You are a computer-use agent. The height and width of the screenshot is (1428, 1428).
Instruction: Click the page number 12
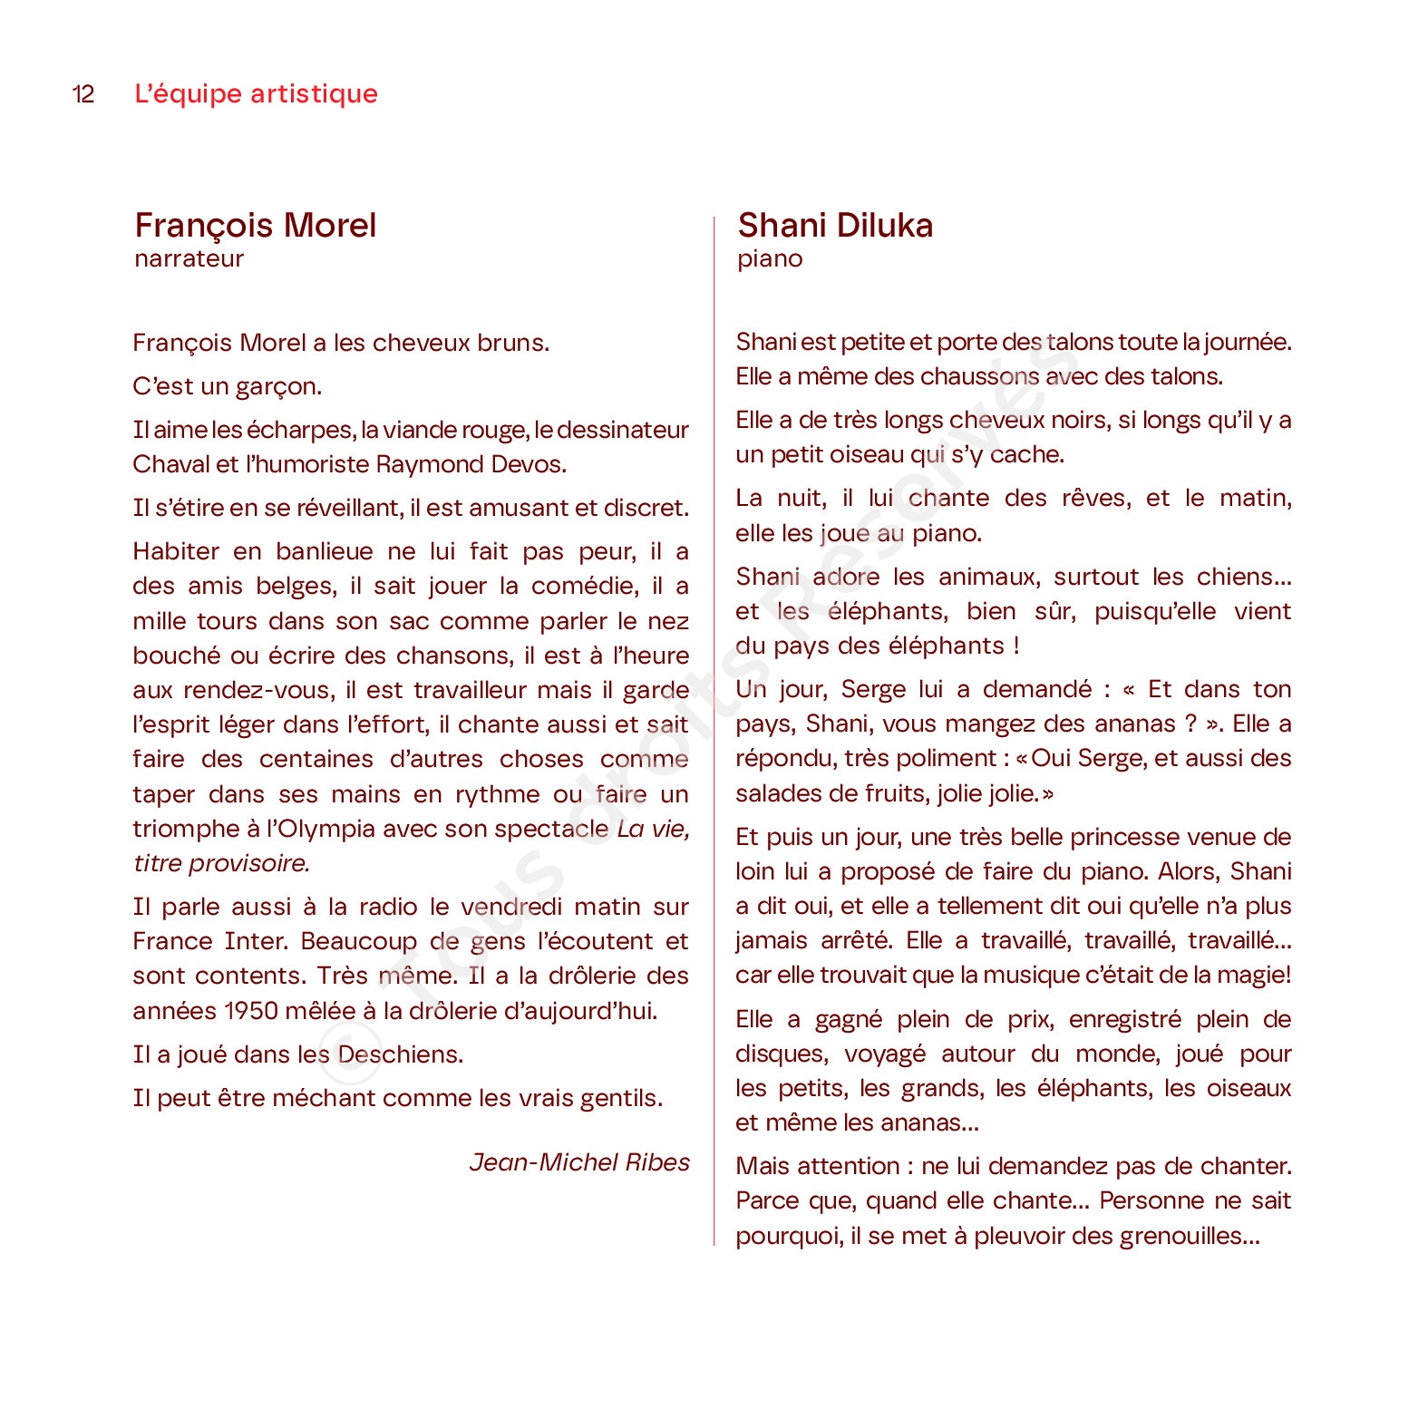click(x=83, y=94)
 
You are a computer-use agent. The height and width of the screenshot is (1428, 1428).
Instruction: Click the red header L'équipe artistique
click(x=256, y=93)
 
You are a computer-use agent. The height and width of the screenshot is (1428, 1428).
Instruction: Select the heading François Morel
click(x=255, y=225)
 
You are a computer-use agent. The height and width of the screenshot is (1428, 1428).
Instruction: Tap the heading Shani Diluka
click(x=835, y=225)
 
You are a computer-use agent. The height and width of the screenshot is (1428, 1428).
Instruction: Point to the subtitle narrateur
click(x=189, y=258)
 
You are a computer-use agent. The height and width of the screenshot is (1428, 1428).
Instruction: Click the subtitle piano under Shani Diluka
click(x=770, y=258)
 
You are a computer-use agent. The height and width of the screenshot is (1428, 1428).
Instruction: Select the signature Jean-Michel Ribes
click(x=579, y=1162)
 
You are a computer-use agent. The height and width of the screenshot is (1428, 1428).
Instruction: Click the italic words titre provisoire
click(x=221, y=863)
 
